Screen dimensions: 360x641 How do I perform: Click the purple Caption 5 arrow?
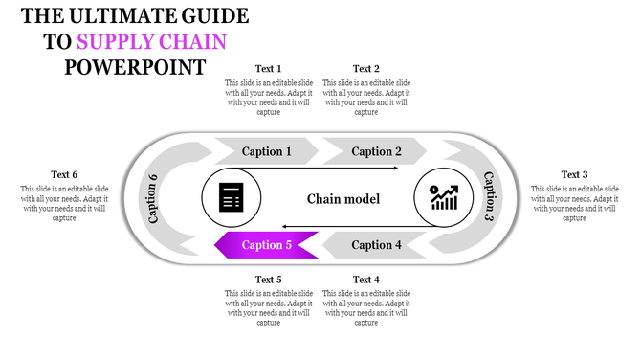267,245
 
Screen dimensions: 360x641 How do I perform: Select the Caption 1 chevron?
267,151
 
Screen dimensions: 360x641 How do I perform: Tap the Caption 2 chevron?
376,151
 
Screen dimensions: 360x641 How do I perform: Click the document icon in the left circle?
231,198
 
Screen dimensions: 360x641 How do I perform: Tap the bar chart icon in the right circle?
443,198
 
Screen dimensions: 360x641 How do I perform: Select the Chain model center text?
343,199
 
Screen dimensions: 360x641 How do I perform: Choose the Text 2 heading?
366,69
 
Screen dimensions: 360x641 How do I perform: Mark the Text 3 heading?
574,175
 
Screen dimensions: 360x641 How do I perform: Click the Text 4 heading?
366,280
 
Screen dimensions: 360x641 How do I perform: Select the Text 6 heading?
64,175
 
